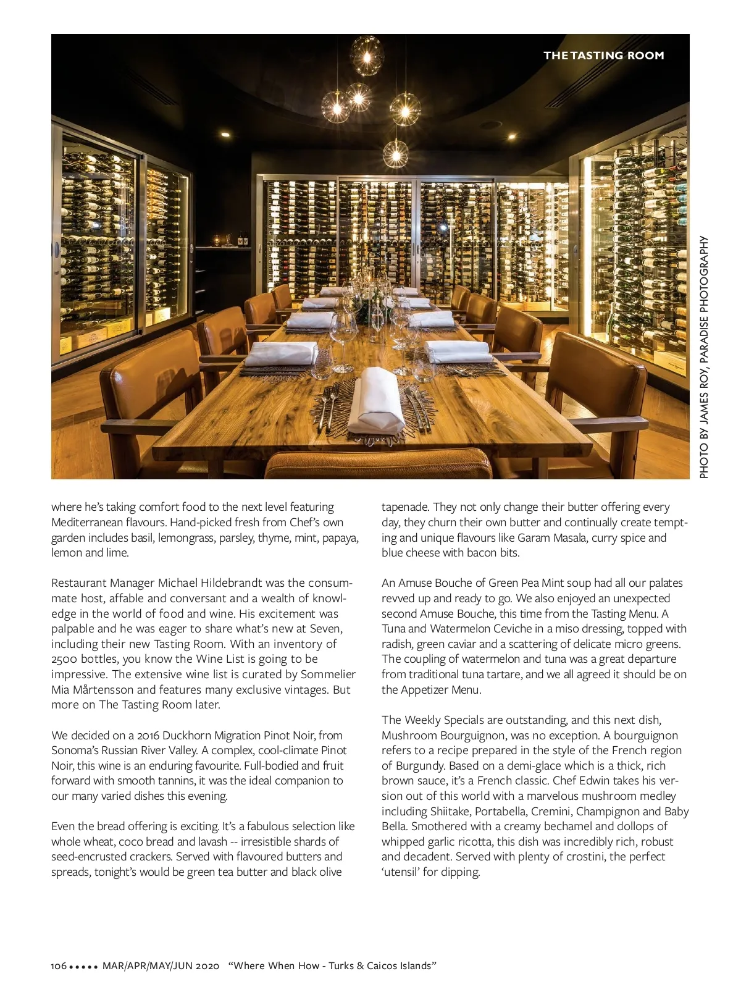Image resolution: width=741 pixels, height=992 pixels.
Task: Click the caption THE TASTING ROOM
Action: click(x=603, y=56)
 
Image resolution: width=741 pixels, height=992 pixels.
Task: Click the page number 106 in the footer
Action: click(x=59, y=965)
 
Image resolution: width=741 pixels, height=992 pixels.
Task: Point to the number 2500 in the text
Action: click(x=65, y=659)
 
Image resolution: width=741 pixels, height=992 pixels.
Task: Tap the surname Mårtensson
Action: click(x=96, y=689)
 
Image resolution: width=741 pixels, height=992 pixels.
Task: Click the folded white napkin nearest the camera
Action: click(x=377, y=401)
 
